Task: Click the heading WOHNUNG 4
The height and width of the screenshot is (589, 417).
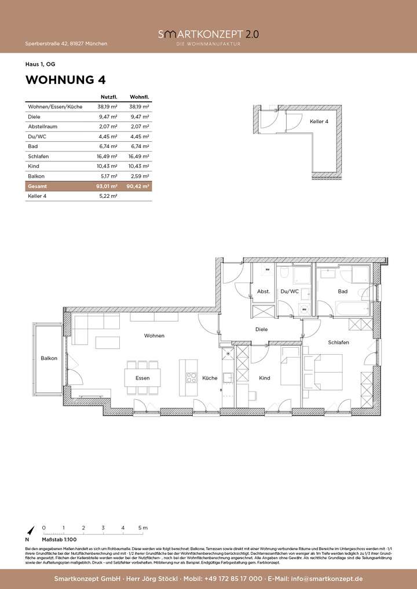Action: pyautogui.click(x=65, y=80)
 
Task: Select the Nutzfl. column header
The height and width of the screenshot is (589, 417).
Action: pyautogui.click(x=109, y=97)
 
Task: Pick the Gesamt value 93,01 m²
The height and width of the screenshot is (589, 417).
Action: pyautogui.click(x=108, y=187)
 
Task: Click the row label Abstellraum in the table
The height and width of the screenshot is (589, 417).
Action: pyautogui.click(x=41, y=126)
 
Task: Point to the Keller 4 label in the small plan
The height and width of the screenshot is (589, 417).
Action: pyautogui.click(x=319, y=122)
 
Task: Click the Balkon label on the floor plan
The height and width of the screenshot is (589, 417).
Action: pyautogui.click(x=49, y=359)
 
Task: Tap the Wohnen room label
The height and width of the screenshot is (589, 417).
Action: pyautogui.click(x=155, y=336)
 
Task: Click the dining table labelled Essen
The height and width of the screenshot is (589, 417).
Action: pyautogui.click(x=142, y=378)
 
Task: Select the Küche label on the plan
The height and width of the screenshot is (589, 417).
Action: pyautogui.click(x=210, y=378)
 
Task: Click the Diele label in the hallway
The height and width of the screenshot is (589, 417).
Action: pyautogui.click(x=262, y=330)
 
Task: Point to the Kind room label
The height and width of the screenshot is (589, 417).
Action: pyautogui.click(x=264, y=378)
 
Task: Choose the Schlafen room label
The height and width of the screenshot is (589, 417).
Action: pyautogui.click(x=338, y=343)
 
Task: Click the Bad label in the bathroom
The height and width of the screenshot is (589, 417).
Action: pyautogui.click(x=342, y=292)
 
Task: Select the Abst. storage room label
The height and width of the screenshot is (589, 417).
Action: pyautogui.click(x=264, y=292)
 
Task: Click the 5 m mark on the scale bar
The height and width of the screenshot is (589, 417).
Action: pyautogui.click(x=143, y=528)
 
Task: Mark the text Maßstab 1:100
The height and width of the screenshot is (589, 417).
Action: pyautogui.click(x=58, y=538)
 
